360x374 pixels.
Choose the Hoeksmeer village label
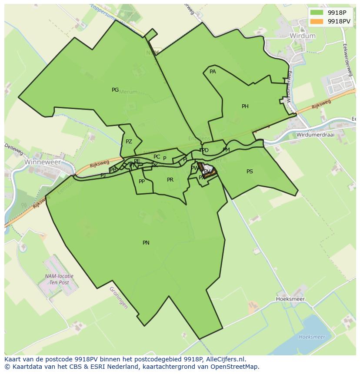(x=290, y=299)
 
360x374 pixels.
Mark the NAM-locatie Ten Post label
(x=59, y=279)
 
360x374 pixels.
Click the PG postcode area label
(x=115, y=90)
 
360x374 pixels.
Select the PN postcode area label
(x=146, y=243)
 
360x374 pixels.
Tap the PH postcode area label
(x=245, y=106)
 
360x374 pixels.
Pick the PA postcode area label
(x=213, y=72)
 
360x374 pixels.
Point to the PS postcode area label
(x=250, y=172)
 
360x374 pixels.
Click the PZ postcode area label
(x=129, y=142)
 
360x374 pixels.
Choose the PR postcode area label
(x=170, y=180)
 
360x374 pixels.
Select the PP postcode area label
(x=141, y=182)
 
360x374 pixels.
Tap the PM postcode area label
(x=226, y=150)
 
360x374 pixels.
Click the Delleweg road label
(x=13, y=148)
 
